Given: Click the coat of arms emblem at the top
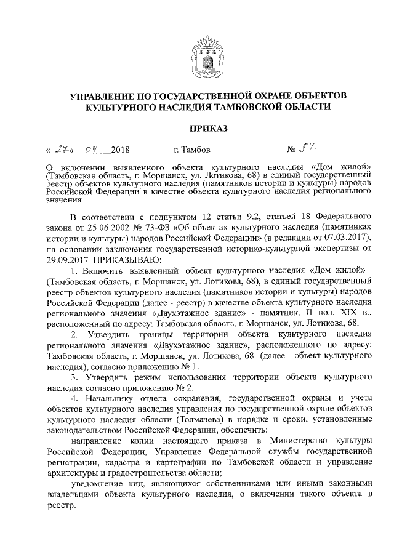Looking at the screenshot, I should [x=197, y=58].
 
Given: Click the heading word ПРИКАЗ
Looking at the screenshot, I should [x=197, y=128].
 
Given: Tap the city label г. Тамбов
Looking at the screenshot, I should [x=193, y=150].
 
